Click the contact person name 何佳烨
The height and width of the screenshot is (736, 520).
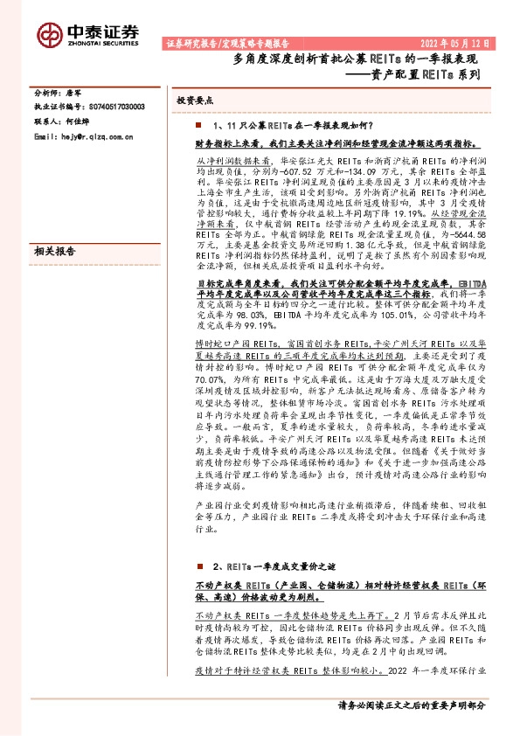73,122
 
